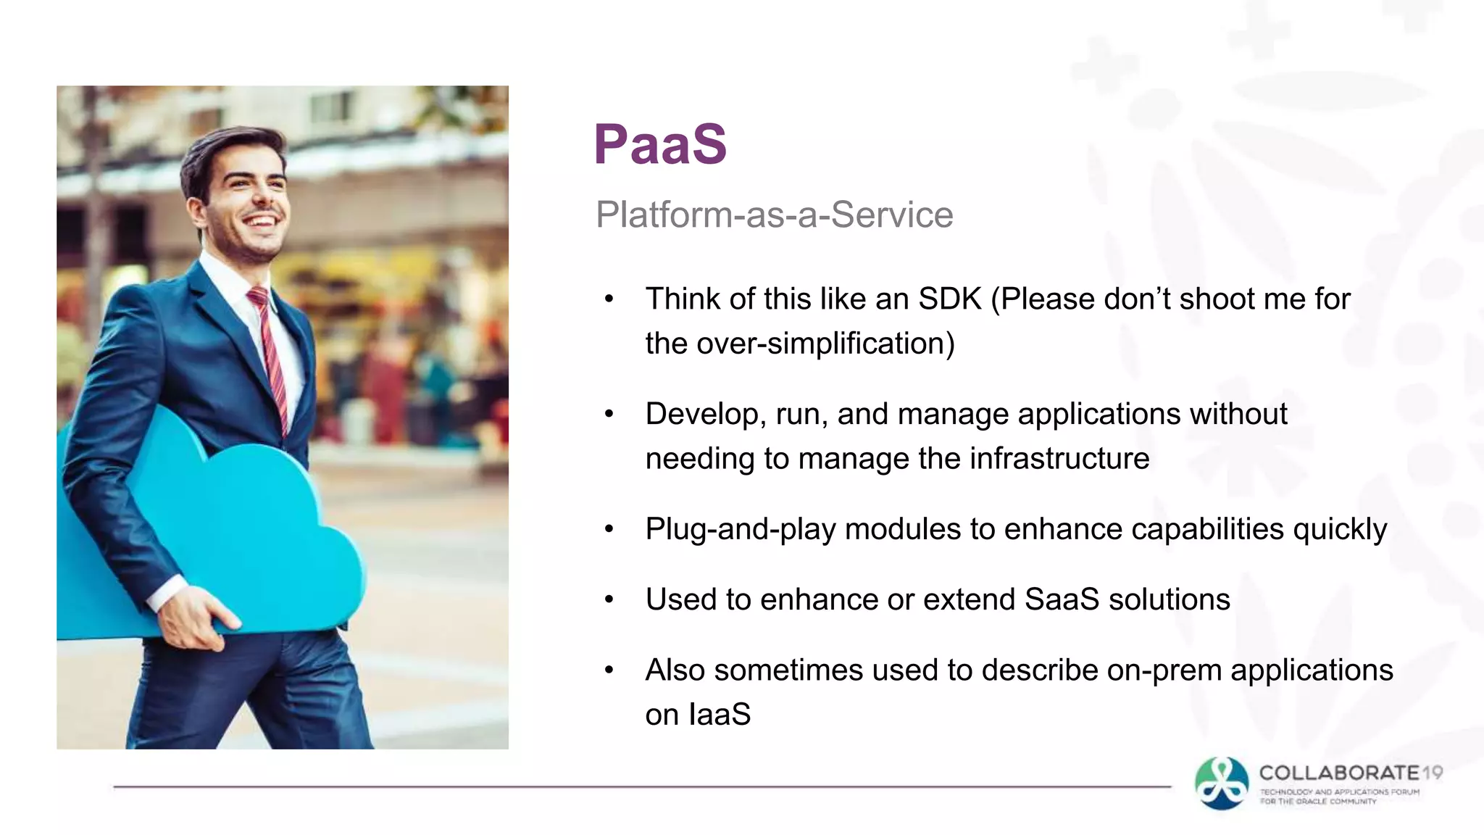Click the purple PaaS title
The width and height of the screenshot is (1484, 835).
659,144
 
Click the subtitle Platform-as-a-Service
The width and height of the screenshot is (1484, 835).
774,215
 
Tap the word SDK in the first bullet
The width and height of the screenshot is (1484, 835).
949,299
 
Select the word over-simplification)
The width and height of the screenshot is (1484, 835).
825,344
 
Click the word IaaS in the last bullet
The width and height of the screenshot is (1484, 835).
719,715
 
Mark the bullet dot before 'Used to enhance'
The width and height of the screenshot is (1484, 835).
609,599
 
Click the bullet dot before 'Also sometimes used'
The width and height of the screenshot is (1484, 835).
609,670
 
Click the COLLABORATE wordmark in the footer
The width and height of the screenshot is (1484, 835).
1338,773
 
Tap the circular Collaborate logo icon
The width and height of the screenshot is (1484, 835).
1222,783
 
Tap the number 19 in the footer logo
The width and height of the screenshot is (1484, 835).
1432,773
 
